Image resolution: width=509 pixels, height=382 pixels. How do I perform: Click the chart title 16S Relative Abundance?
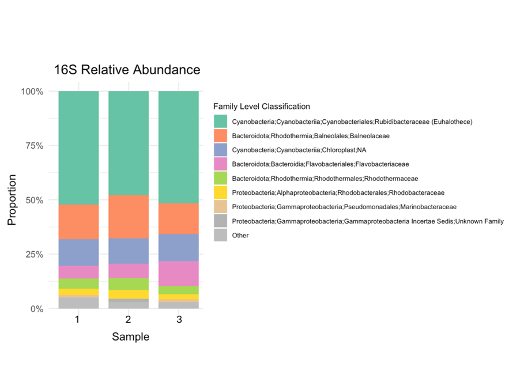point(127,70)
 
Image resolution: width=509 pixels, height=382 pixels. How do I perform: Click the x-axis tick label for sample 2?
point(128,319)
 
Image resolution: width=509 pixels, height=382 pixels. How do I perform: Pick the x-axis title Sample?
point(130,337)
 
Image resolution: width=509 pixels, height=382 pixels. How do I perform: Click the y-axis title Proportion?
point(12,199)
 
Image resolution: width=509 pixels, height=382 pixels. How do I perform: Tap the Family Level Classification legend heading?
point(262,107)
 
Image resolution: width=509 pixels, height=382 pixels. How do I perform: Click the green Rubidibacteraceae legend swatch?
point(220,122)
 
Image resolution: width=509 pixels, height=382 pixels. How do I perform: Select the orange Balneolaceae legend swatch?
point(220,136)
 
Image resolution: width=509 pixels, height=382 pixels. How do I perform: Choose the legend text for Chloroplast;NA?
point(299,150)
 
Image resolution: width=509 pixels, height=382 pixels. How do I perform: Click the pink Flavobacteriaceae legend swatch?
point(220,164)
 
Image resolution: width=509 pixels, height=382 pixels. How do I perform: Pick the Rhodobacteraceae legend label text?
point(338,192)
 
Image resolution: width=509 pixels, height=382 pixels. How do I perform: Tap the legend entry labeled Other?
point(240,235)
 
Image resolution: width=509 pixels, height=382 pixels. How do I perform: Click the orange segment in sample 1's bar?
point(78,222)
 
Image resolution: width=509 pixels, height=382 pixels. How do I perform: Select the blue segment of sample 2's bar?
point(129,251)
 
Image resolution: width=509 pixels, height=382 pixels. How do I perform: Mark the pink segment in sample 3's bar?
point(179,274)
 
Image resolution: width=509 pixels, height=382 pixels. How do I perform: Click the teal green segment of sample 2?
point(129,143)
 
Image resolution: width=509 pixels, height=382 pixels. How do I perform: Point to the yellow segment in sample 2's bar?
point(129,294)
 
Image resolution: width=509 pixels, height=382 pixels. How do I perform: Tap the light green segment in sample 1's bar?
point(78,283)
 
